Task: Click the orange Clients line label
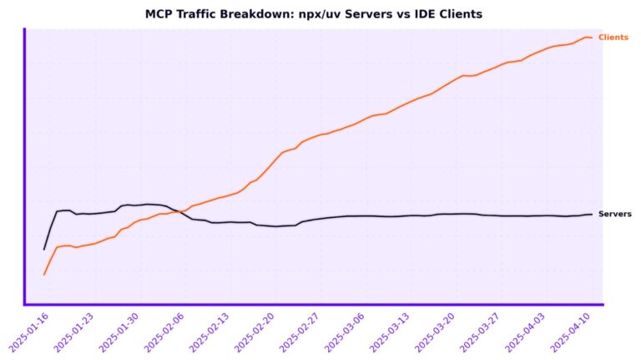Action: tap(613, 38)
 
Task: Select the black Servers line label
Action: tap(615, 214)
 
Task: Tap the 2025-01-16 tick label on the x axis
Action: tap(28, 332)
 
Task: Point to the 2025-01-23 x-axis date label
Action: tap(73, 332)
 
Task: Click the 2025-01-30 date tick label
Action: tap(119, 332)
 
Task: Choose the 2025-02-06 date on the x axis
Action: tap(164, 332)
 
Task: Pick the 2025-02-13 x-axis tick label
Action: tap(209, 332)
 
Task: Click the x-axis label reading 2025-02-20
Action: tap(255, 332)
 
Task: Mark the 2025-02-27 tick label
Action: tap(300, 332)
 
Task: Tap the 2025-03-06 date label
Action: tap(345, 332)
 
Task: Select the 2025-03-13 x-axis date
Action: tap(390, 332)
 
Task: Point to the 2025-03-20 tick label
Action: tap(435, 332)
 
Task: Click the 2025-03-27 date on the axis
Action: tap(480, 332)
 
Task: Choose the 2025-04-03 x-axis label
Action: tap(525, 332)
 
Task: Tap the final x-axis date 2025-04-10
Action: tap(570, 332)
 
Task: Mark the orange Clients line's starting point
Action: tap(44, 274)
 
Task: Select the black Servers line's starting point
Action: tap(44, 249)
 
